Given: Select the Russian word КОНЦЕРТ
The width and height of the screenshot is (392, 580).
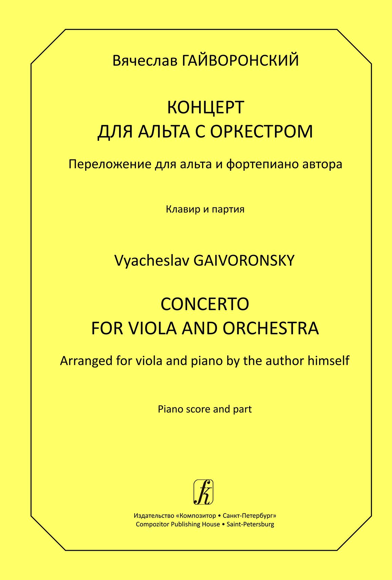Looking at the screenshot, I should [205, 108].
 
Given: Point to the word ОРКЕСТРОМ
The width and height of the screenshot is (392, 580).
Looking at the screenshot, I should [261, 131].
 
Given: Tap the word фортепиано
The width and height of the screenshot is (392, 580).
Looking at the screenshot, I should [260, 165].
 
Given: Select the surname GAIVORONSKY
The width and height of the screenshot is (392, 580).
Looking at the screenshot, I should [244, 261].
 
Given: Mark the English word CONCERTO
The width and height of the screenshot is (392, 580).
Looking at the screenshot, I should [205, 304].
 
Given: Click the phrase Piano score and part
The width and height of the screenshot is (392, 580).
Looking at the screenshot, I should [205, 409].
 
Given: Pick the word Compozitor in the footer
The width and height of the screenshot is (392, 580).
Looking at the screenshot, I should [152, 524].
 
